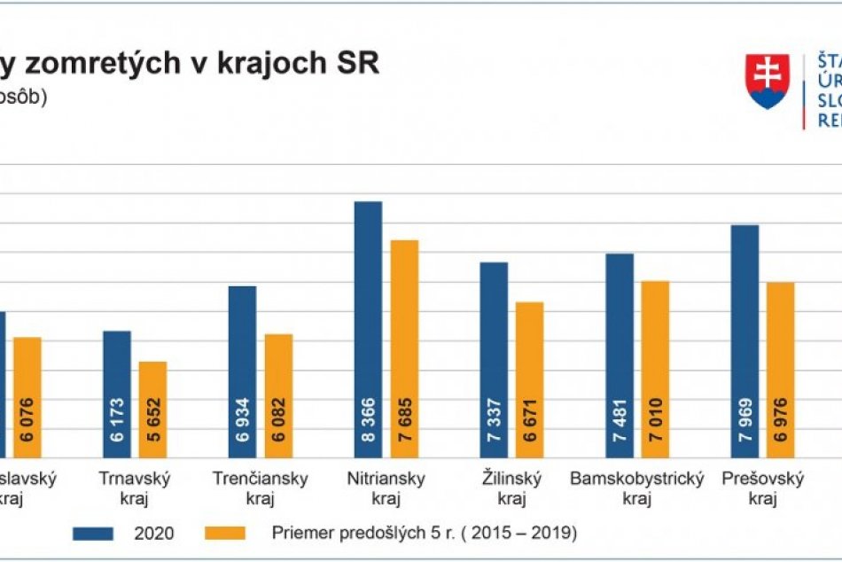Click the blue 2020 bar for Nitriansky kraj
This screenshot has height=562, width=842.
pos(368,328)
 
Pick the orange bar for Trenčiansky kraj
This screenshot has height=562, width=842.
pos(278,395)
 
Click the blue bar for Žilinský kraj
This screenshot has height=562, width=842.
pos(494,359)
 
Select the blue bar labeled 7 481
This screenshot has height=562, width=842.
pos(620,355)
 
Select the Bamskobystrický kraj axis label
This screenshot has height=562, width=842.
pos(636,488)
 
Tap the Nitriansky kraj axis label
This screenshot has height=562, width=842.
pos(386,488)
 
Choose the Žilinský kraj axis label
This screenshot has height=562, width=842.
pos(511,488)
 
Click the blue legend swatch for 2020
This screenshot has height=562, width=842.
pos(93,534)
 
